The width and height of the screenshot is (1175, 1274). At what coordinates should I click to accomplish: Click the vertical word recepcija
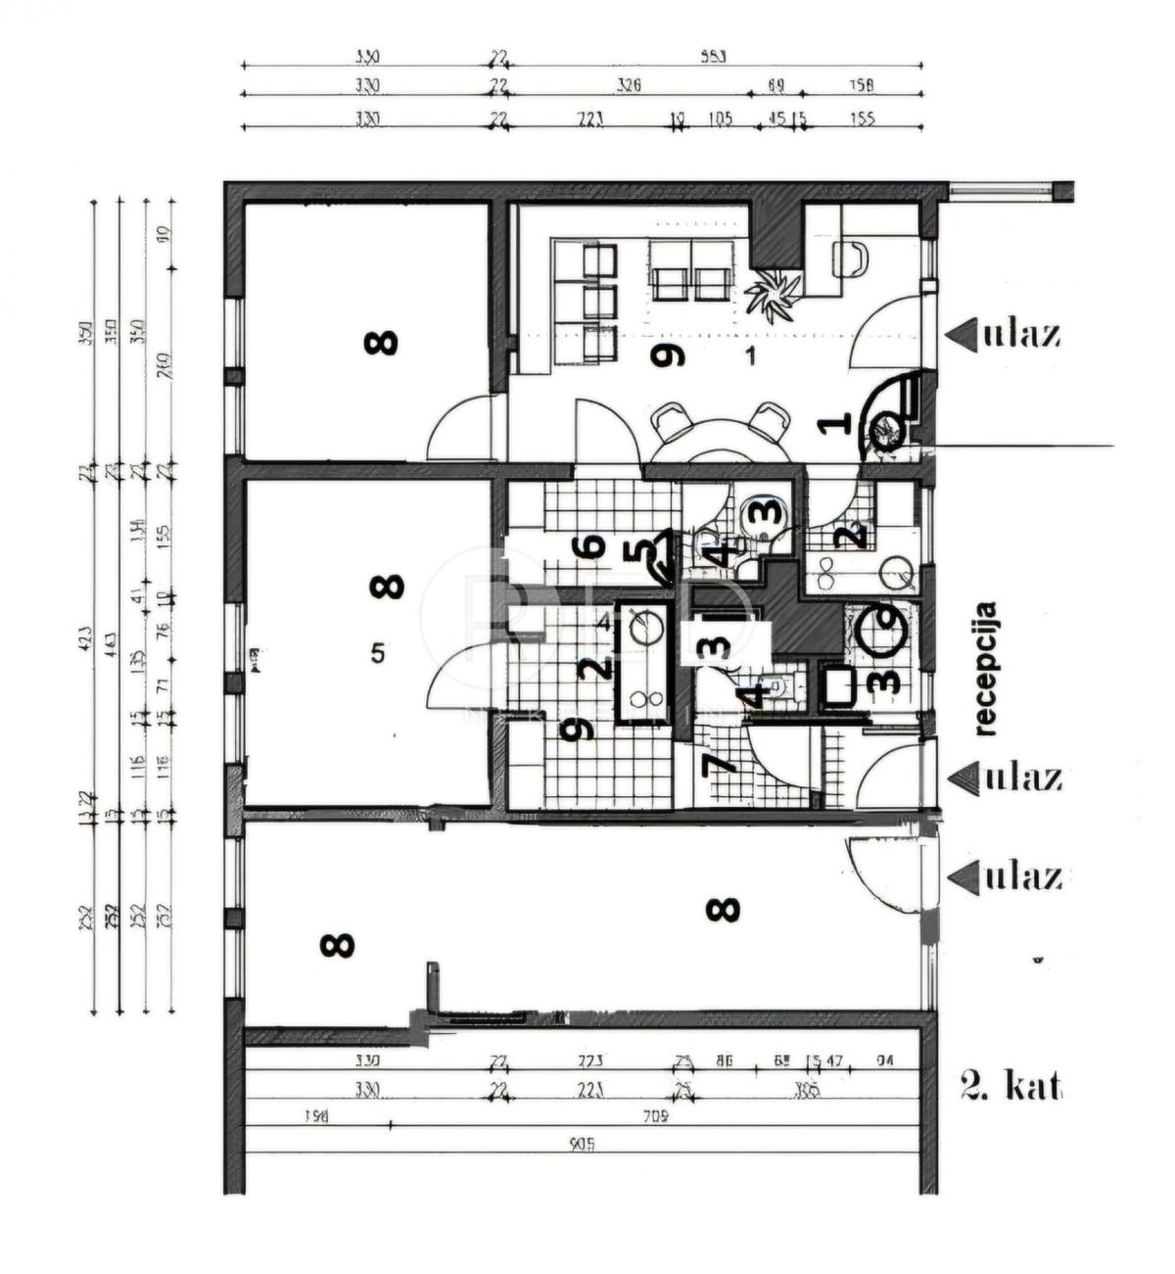(x=986, y=668)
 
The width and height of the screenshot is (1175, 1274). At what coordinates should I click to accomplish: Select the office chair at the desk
(x=850, y=259)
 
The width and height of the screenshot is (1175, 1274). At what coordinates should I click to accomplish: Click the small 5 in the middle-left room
(x=378, y=653)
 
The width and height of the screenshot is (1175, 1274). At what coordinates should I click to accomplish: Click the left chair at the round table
(x=671, y=422)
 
